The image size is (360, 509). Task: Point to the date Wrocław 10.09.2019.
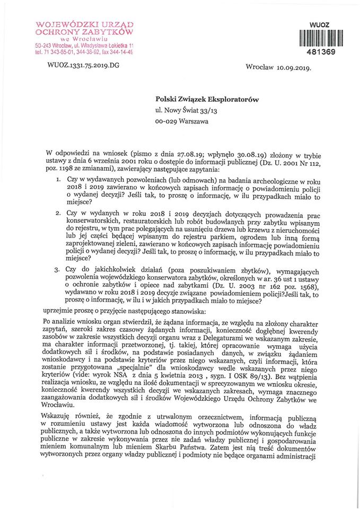(278, 68)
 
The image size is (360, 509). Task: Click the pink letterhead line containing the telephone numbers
(83, 52)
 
